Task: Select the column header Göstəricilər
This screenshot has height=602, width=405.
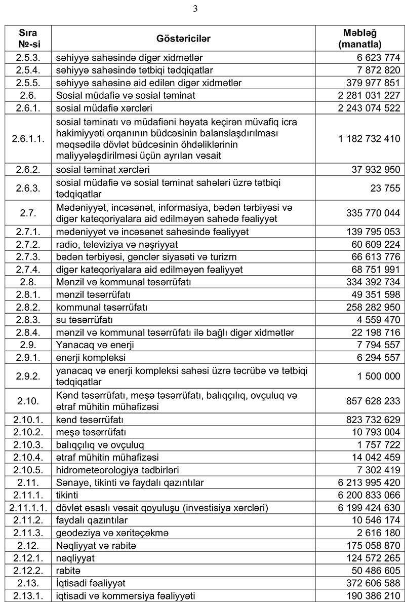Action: (x=184, y=39)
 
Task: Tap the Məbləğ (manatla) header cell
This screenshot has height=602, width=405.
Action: (x=360, y=39)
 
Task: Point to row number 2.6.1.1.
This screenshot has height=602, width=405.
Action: (x=27, y=137)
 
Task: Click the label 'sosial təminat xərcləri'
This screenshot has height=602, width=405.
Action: (x=103, y=169)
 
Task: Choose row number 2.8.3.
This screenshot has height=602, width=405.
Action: (x=27, y=320)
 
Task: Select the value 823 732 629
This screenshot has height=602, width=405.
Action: (x=373, y=420)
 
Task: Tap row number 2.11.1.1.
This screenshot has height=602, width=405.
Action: (x=27, y=507)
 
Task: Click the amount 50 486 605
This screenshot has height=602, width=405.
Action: (x=375, y=570)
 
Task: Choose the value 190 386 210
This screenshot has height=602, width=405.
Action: (x=373, y=595)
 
